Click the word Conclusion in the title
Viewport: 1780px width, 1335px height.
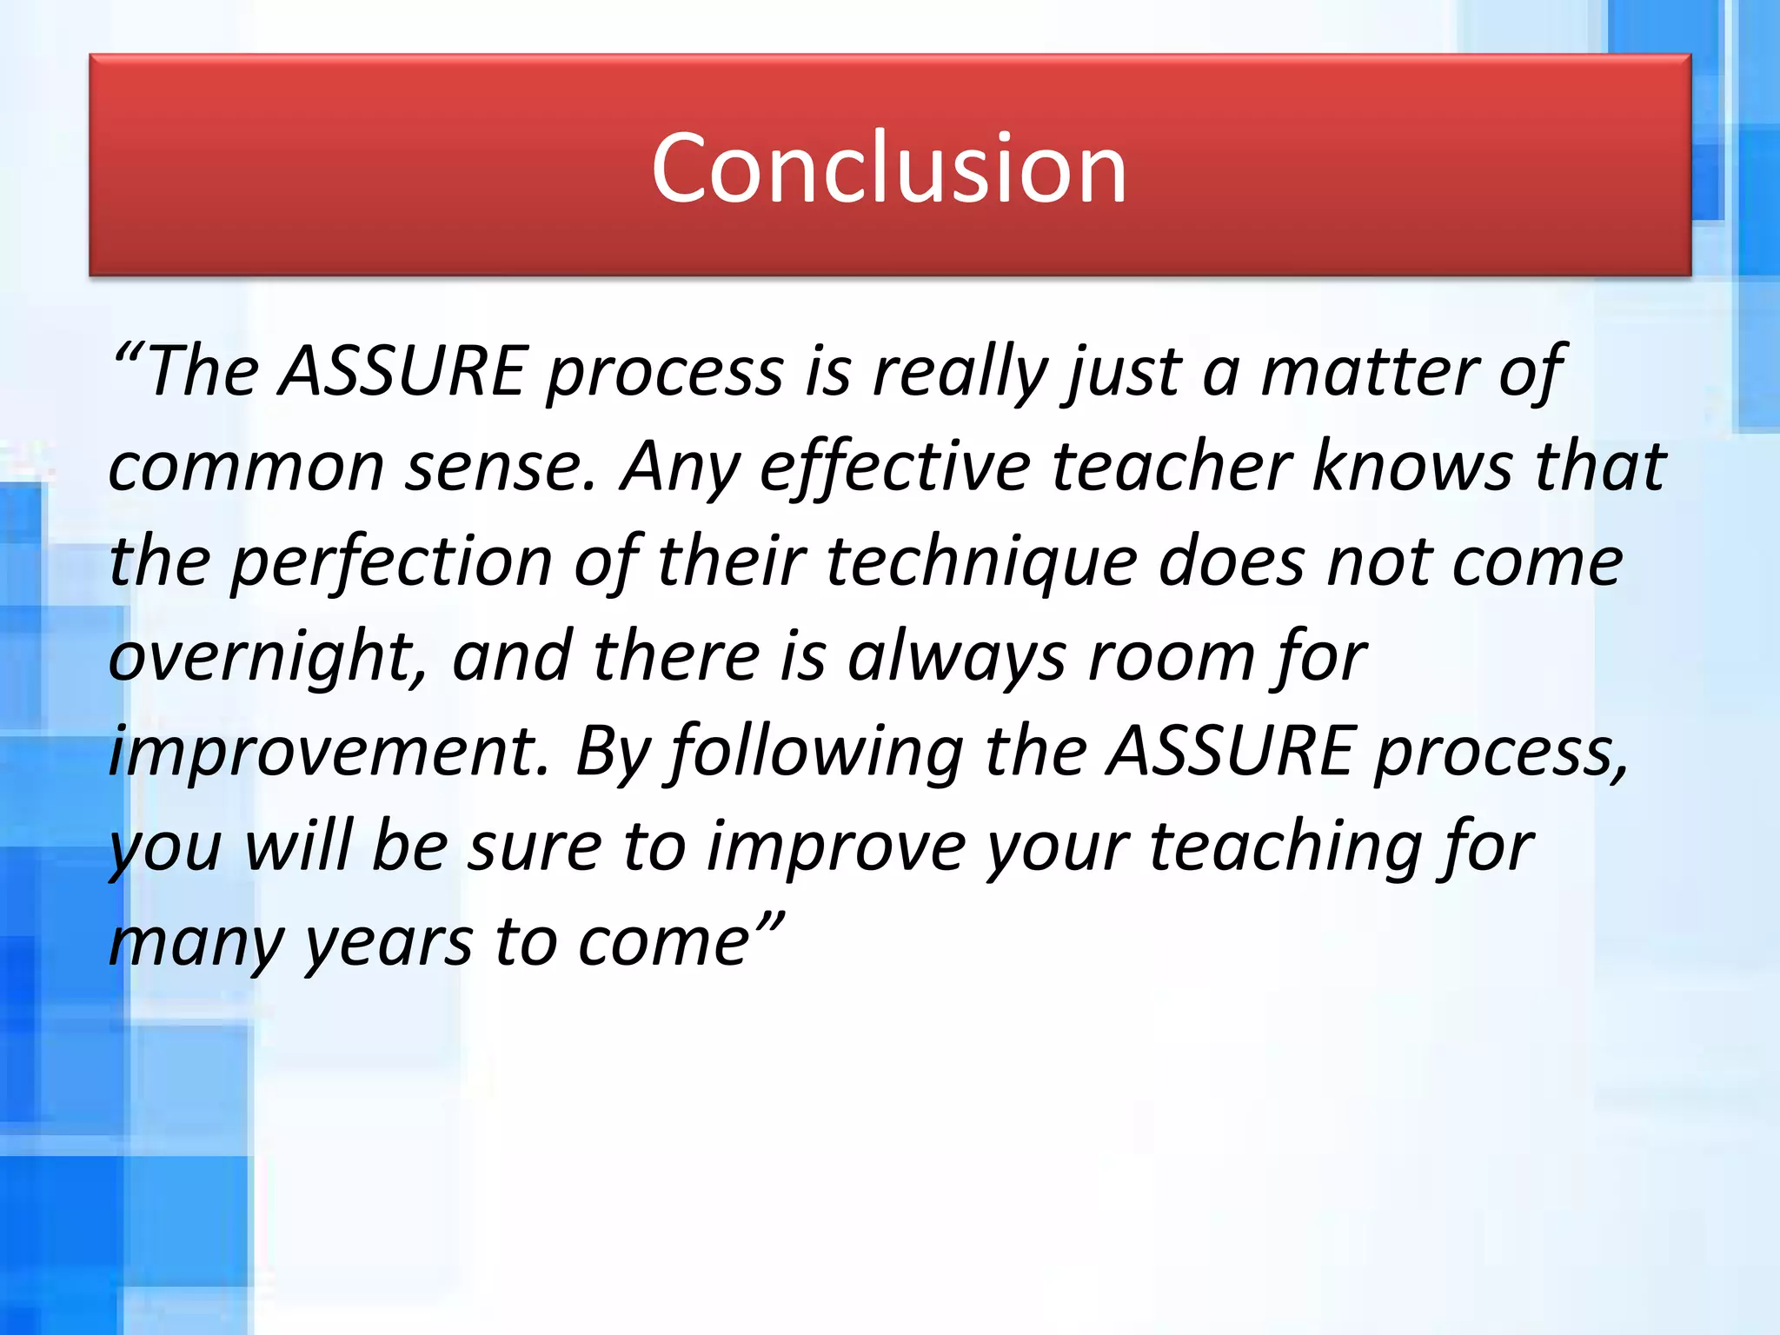[889, 167]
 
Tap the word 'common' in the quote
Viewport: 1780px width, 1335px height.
[246, 468]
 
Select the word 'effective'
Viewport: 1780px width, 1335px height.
[895, 468]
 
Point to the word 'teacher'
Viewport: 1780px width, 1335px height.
[1172, 468]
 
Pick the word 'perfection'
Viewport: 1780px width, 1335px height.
[391, 563]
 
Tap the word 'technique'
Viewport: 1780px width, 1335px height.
[981, 563]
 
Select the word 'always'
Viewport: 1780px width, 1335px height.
[956, 658]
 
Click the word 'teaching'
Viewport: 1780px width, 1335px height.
[1285, 848]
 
